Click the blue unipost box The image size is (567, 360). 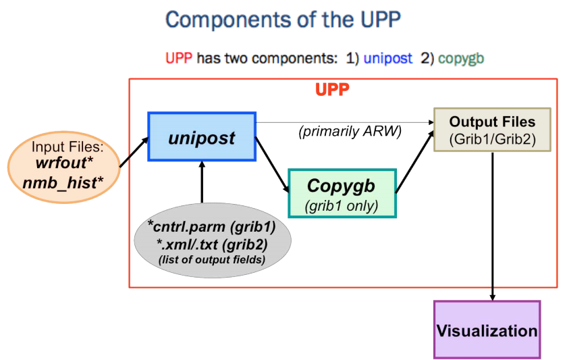point(202,138)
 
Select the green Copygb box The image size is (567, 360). point(342,192)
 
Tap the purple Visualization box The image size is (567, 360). point(487,330)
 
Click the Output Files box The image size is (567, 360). point(493,130)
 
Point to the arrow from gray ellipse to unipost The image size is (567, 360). point(202,182)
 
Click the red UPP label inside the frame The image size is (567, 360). point(332,89)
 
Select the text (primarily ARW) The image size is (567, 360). point(350,132)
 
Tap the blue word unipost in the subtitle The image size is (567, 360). point(387,58)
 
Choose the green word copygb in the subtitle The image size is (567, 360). point(460,58)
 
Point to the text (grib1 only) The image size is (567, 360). point(341,205)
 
